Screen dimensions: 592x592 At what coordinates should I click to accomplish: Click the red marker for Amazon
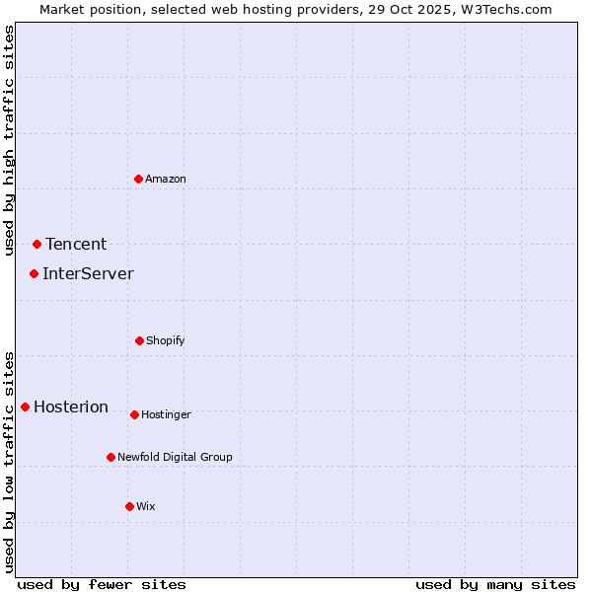tap(138, 179)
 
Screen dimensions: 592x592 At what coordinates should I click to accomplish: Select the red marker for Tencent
tap(37, 244)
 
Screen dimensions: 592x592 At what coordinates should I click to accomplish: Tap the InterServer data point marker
tap(34, 273)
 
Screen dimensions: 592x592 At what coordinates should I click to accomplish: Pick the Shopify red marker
tap(139, 340)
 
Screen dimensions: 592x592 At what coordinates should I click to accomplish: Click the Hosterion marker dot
tap(25, 407)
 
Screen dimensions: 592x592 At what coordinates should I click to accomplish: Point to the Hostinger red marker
tap(134, 414)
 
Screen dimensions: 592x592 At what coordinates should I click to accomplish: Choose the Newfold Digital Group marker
tap(111, 457)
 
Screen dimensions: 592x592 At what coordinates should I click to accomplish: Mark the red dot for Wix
tap(129, 506)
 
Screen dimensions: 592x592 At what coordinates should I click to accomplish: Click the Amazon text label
tap(166, 179)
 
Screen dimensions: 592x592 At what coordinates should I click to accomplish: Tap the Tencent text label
tap(76, 245)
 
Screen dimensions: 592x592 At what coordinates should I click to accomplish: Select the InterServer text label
tap(88, 274)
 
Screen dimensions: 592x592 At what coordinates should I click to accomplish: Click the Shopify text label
tap(166, 340)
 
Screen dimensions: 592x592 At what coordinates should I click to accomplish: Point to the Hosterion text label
tap(71, 407)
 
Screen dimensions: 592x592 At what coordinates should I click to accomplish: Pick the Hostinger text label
tap(166, 414)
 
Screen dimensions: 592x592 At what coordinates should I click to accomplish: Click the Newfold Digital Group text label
tap(176, 457)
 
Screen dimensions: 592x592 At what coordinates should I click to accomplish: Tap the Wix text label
tap(146, 506)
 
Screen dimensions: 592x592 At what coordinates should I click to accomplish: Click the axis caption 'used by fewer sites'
tap(102, 584)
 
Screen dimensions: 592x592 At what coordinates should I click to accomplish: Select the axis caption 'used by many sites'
tap(495, 584)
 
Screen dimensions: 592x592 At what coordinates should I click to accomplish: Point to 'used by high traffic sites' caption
tap(9, 140)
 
